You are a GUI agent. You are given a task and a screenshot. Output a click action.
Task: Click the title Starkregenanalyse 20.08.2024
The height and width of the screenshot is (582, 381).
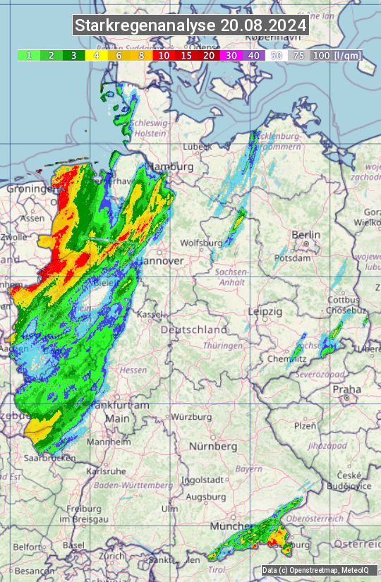[190, 26]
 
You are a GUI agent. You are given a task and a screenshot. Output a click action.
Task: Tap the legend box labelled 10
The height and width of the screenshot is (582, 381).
[164, 55]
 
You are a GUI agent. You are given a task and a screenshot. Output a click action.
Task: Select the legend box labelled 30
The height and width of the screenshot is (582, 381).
[231, 55]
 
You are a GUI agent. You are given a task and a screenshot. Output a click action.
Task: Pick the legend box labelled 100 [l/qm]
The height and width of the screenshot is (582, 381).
[335, 55]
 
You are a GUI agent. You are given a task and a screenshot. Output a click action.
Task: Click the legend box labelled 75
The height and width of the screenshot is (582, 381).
[298, 55]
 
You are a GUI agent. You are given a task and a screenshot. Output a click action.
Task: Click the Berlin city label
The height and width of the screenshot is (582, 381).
[306, 235]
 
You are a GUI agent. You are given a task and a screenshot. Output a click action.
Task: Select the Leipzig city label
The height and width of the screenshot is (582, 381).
[265, 311]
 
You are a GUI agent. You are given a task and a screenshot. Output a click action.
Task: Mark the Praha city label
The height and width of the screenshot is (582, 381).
[347, 389]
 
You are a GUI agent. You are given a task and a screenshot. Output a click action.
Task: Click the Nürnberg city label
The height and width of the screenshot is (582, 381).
[213, 447]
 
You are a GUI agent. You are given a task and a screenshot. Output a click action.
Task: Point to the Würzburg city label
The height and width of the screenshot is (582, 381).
[191, 417]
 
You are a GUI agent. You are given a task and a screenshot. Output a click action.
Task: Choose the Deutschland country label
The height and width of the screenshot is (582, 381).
[194, 329]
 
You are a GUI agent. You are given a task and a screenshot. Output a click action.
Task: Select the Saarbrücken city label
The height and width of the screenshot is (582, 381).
[50, 458]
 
